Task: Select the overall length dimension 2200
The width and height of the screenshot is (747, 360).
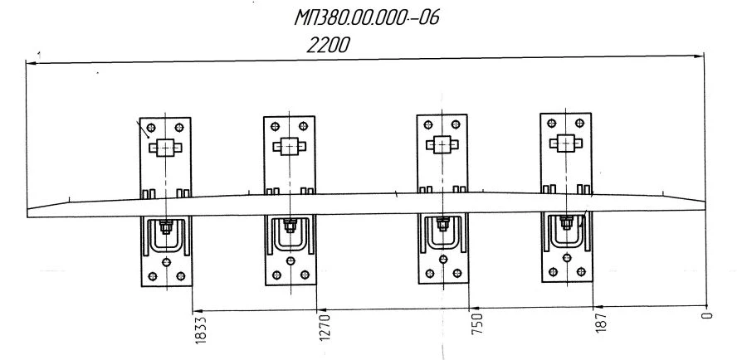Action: point(327,46)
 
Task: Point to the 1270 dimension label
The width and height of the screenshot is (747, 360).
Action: point(325,327)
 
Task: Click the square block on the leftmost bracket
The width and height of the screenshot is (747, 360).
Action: point(166,147)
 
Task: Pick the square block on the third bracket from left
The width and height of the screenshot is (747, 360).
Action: point(441,146)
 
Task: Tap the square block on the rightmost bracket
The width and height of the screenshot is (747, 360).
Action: point(566,144)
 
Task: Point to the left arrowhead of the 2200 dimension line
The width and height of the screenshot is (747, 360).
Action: point(31,62)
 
